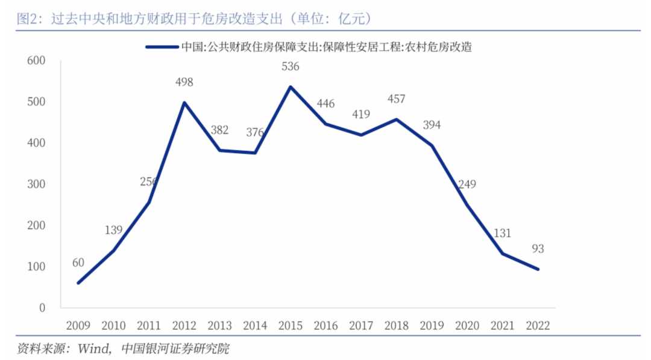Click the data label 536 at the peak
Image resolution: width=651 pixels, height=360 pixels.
pos(290,67)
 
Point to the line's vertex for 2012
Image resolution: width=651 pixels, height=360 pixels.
pos(184,103)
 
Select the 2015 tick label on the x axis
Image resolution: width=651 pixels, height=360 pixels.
pos(290,326)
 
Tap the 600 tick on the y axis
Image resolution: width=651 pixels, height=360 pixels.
pos(36,61)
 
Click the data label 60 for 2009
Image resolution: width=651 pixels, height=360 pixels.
pos(78,262)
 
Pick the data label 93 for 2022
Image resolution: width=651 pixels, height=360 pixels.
pos(538,248)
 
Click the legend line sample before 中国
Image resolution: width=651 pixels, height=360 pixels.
pos(162,47)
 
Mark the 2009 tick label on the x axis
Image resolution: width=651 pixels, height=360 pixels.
pos(78,326)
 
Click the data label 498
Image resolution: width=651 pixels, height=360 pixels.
pos(184,82)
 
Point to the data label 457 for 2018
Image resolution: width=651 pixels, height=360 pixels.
pos(396,99)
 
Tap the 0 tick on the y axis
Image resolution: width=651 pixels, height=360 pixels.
pos(42,308)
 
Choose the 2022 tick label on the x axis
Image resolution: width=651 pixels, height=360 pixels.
pos(538,326)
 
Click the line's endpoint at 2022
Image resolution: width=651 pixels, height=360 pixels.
pos(538,269)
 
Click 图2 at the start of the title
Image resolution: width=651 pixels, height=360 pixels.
pos(27,19)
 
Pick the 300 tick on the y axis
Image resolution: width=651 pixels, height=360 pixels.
pos(36,184)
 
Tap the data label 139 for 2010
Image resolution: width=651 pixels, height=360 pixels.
pos(113,230)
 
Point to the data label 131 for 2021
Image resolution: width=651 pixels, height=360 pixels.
pos(502,233)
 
